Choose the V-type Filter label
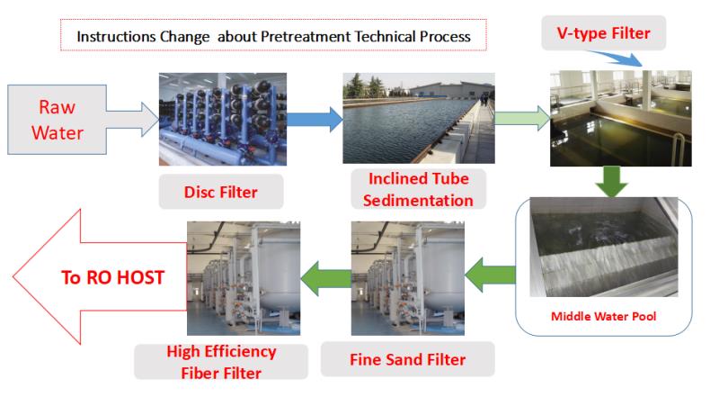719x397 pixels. tap(608, 35)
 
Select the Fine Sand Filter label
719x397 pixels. tap(408, 360)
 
